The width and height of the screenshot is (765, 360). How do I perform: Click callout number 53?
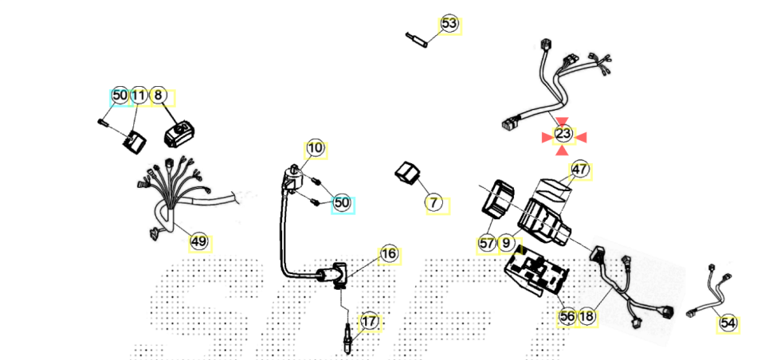[x=449, y=24]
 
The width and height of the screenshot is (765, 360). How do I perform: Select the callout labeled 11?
[x=139, y=96]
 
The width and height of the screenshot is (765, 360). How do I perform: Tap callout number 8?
[x=159, y=96]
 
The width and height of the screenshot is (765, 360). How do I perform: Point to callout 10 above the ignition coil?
[x=316, y=147]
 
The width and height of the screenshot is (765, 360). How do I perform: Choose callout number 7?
[x=433, y=203]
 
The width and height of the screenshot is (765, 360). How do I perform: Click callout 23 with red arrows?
[x=563, y=134]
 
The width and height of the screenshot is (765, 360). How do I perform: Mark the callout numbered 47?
[x=580, y=170]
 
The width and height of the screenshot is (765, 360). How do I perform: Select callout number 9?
[x=507, y=243]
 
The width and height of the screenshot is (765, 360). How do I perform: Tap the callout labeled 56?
[x=567, y=317]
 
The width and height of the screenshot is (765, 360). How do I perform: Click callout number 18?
[x=586, y=317]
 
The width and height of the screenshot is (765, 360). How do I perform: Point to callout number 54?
[x=728, y=323]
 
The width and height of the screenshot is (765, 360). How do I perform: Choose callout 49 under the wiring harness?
[x=198, y=241]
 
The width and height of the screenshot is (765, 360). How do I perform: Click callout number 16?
[x=388, y=254]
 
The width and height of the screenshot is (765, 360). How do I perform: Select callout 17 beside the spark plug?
[x=369, y=322]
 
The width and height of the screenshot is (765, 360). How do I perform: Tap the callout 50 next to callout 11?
[x=120, y=96]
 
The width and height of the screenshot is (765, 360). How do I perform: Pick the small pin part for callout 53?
[x=418, y=37]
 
